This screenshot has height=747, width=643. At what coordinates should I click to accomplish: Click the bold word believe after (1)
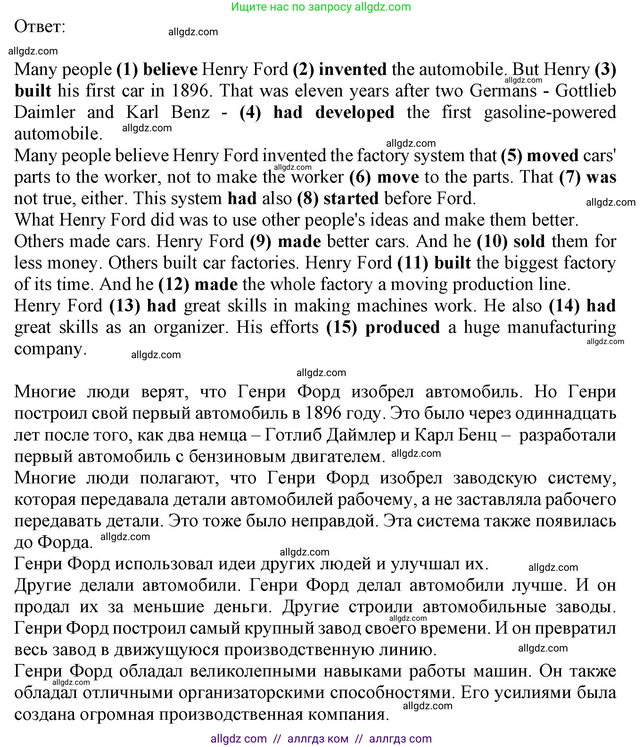[x=170, y=69]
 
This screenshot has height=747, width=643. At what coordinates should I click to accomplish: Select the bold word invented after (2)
[x=352, y=69]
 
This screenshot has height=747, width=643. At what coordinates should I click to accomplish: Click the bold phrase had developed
[x=334, y=112]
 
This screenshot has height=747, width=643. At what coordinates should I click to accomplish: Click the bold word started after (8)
[x=351, y=198]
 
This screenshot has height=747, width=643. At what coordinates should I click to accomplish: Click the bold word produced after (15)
[x=402, y=327]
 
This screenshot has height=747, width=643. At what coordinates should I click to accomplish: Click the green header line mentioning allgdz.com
[x=321, y=6]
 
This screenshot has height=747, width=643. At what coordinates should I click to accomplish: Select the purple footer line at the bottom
[x=321, y=739]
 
